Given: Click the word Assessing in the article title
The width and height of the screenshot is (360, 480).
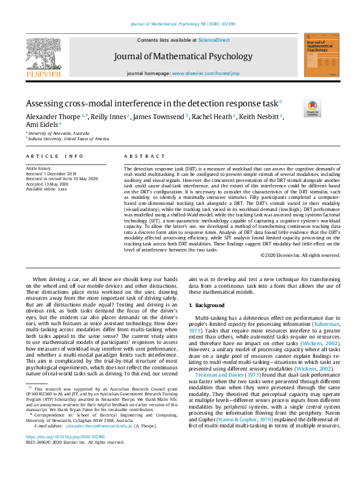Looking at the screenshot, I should tap(46, 103).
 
